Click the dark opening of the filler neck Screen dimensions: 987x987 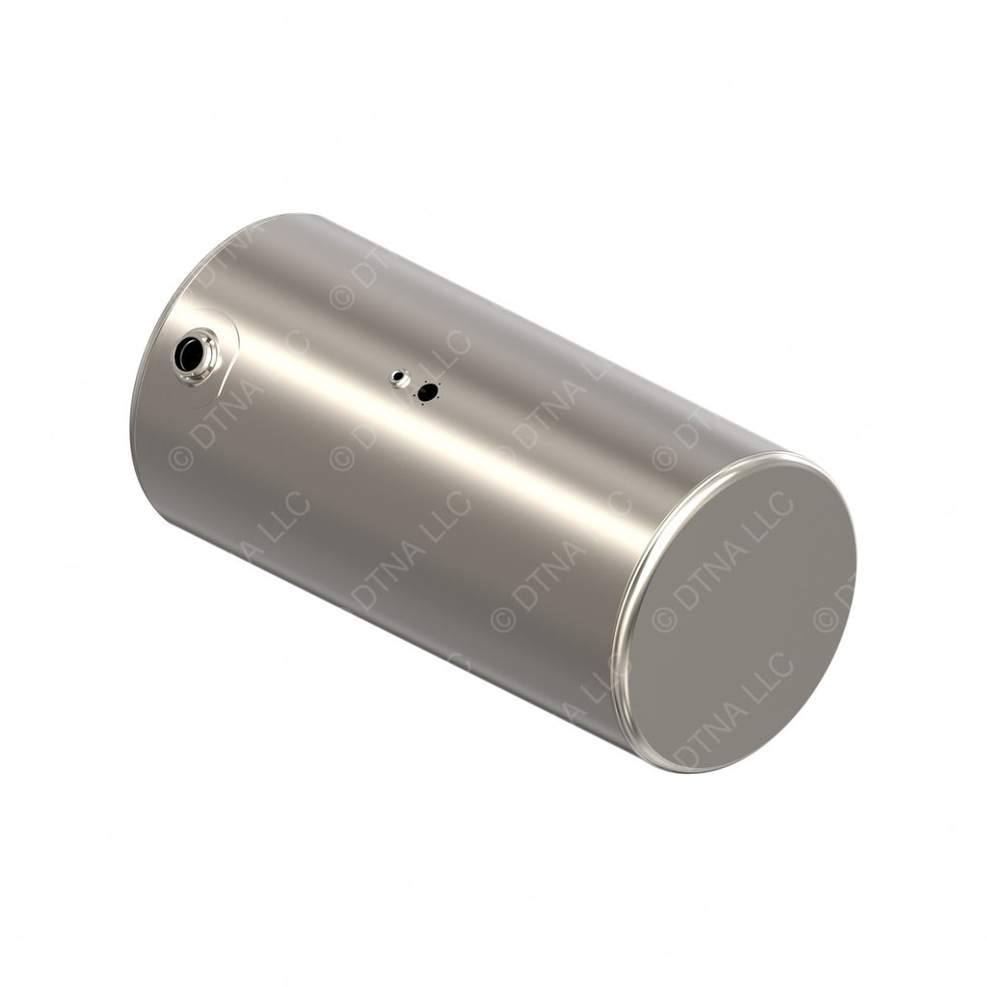click(x=190, y=354)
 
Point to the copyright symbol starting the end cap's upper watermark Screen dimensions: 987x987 click(x=664, y=618)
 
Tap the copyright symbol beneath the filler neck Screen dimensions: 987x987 click(x=180, y=458)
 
